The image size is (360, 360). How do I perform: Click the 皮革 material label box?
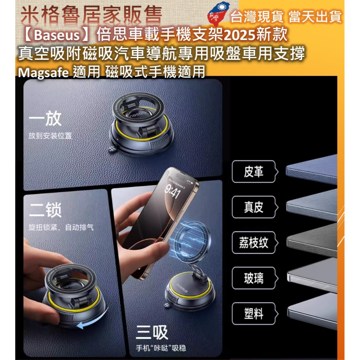click(253, 172)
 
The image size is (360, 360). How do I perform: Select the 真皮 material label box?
click(253, 207)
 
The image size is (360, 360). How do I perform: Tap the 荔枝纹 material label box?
click(253, 243)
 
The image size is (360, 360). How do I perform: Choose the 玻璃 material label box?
click(253, 278)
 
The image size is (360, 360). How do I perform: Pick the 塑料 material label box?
click(253, 314)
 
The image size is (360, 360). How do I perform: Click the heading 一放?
click(45, 120)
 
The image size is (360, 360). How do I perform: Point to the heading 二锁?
click(45, 210)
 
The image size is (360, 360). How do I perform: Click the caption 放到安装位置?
click(50, 136)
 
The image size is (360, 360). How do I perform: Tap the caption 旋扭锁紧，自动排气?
click(61, 228)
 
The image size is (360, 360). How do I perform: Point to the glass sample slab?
click(312, 276)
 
